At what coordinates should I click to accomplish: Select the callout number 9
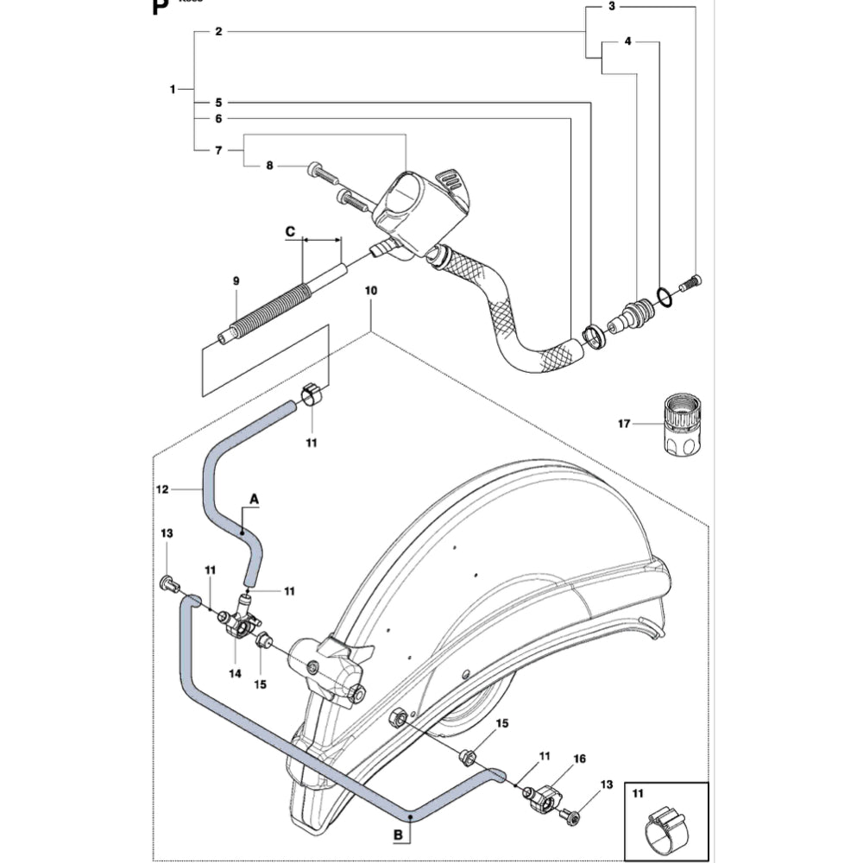click(236, 281)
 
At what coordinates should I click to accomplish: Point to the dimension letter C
click(290, 232)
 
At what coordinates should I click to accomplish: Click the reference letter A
click(255, 498)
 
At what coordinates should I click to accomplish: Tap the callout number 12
click(161, 489)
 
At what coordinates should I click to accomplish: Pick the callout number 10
click(371, 292)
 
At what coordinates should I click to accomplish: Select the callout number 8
click(268, 166)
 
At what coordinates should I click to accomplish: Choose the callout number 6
click(218, 118)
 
